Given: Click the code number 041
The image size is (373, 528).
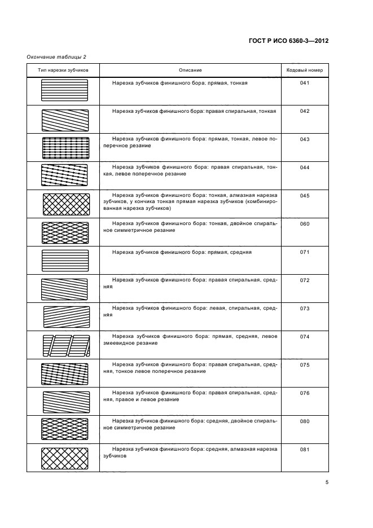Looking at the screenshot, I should pyautogui.click(x=305, y=83).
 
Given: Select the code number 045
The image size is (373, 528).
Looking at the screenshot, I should pyautogui.click(x=305, y=196).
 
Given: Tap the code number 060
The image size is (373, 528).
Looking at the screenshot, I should pyautogui.click(x=305, y=224).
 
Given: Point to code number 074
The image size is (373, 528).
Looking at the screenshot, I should pyautogui.click(x=305, y=336).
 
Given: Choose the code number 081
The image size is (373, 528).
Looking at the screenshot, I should pyautogui.click(x=305, y=449).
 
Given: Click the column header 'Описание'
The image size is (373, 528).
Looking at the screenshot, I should pyautogui.click(x=190, y=70).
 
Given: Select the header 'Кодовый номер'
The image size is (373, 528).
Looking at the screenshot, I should pyautogui.click(x=305, y=70).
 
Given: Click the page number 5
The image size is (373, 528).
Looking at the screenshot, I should pyautogui.click(x=327, y=482).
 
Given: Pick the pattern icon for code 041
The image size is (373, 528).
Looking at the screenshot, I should pyautogui.click(x=65, y=90).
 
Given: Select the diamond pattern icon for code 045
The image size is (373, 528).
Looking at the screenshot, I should pyautogui.click(x=65, y=204).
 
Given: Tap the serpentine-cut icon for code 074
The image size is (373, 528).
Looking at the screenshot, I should pyautogui.click(x=65, y=345).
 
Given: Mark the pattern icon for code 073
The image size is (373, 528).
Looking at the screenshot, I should pyautogui.click(x=65, y=316).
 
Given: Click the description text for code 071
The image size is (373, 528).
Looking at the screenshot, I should pyautogui.click(x=182, y=252).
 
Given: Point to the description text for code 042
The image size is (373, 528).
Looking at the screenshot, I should pyautogui.click(x=194, y=111).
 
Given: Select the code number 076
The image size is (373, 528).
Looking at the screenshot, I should pyautogui.click(x=305, y=393).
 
